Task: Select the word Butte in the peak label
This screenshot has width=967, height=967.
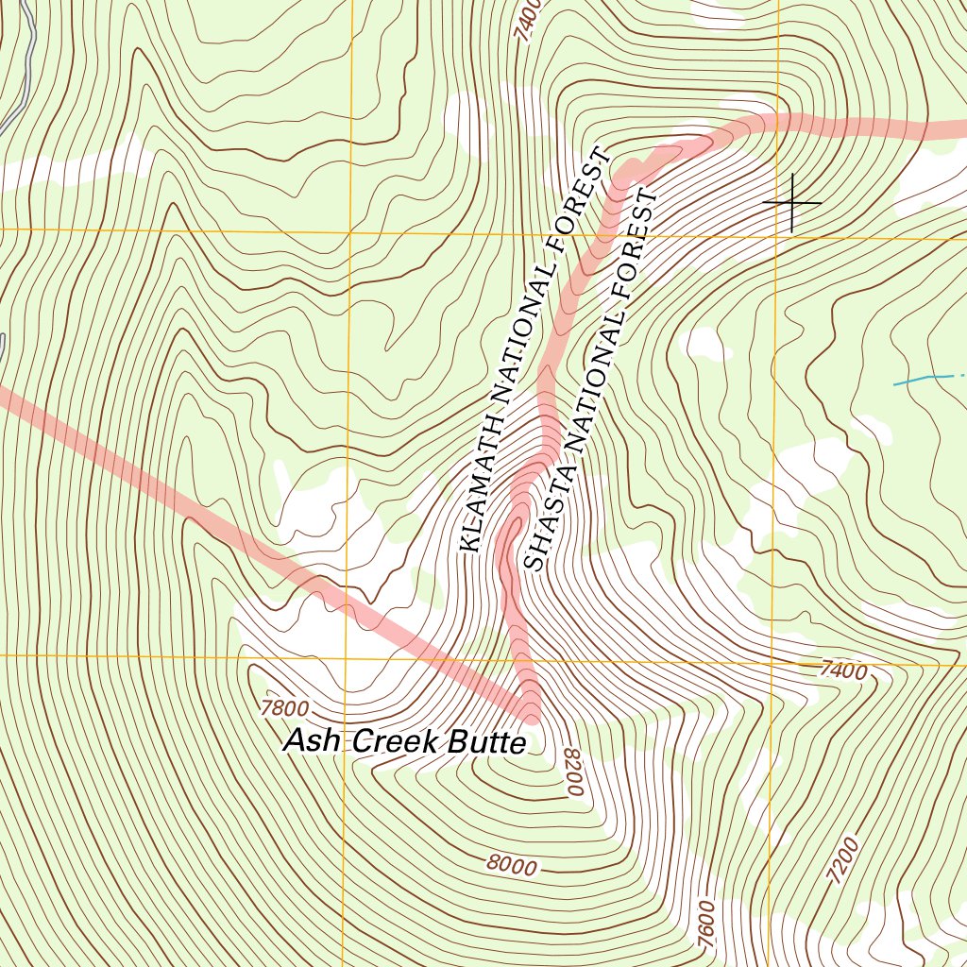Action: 485,743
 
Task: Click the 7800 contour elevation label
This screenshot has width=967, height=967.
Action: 284,706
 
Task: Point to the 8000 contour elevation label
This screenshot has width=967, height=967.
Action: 513,864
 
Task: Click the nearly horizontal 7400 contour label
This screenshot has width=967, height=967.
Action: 842,671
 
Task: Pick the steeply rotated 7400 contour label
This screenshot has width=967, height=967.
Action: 527,19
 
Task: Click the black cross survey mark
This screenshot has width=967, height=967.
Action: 791,202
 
